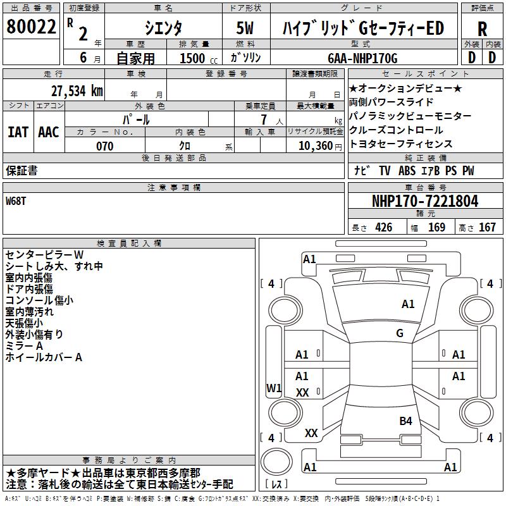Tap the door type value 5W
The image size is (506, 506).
point(245,28)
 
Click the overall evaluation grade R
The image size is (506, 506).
point(482,29)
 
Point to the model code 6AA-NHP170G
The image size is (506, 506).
point(362,59)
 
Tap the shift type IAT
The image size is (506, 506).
point(18,132)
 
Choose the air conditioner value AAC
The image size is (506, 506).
point(49,132)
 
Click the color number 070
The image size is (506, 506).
point(104,146)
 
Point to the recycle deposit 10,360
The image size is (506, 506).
point(313,146)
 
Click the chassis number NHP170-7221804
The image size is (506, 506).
point(424,201)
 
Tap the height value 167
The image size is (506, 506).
point(487,228)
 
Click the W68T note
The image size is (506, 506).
point(16,201)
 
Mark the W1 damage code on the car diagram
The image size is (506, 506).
point(273,388)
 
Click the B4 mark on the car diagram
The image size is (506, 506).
point(405,421)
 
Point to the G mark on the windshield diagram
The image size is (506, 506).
point(399,333)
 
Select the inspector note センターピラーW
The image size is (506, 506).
point(44,255)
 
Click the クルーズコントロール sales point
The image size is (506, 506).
point(396,130)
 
